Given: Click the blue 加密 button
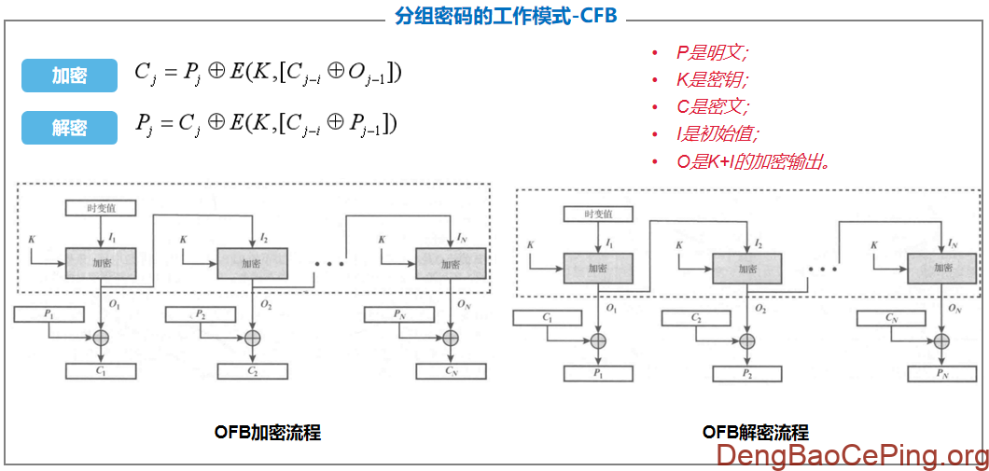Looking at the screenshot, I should pos(69,76).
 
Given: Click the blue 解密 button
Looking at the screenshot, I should pos(69,128).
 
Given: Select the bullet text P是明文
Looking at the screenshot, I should pos(713,53).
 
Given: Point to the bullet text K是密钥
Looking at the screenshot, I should pos(713,80).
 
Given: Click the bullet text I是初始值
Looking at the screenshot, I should pos(718,134).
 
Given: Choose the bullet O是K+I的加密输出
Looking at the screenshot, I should pos(753,161).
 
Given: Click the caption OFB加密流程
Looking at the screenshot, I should pos(267,433).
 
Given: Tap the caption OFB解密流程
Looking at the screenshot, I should pos(756,433).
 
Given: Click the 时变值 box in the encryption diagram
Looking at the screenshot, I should pos(101,208).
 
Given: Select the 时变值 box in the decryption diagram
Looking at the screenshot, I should pos(597,214).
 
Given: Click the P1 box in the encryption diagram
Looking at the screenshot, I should pos(49,314).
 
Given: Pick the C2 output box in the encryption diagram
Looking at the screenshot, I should pos(253,371).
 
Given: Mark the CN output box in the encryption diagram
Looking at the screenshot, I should pos(451,371).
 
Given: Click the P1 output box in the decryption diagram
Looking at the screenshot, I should pos(598,374).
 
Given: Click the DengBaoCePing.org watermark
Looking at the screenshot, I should pos(852,455).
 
